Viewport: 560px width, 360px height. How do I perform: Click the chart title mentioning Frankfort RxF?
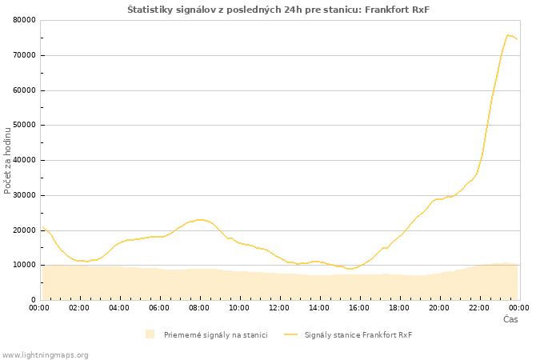click(x=278, y=10)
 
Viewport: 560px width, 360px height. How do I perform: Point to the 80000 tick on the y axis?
click(x=24, y=20)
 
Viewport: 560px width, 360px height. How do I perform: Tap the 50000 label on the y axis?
click(x=24, y=125)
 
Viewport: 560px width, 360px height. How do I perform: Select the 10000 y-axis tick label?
click(x=24, y=265)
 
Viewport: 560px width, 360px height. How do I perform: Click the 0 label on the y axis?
click(x=34, y=300)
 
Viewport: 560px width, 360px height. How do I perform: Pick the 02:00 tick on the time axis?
click(x=79, y=308)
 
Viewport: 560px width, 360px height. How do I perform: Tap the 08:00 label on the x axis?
click(x=199, y=308)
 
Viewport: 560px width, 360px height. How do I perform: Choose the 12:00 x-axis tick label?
click(x=279, y=308)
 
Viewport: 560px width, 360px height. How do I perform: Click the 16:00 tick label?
click(x=359, y=308)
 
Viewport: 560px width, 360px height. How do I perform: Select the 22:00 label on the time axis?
click(x=479, y=308)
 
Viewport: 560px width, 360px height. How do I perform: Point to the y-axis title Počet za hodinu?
click(x=7, y=161)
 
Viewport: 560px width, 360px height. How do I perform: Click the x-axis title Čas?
click(x=510, y=319)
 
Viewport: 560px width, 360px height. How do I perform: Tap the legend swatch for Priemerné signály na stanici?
click(x=150, y=334)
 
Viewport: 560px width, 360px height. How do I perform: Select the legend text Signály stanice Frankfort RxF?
click(x=358, y=335)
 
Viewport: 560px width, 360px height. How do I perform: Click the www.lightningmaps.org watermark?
click(x=45, y=355)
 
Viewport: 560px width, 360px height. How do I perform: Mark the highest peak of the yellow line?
click(x=508, y=35)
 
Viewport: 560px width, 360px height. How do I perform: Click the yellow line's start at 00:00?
click(x=43, y=226)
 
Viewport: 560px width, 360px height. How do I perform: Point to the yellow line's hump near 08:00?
click(x=200, y=220)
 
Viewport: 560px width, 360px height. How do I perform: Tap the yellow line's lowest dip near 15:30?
click(x=350, y=269)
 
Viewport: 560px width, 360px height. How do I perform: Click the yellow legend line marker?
click(x=290, y=334)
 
